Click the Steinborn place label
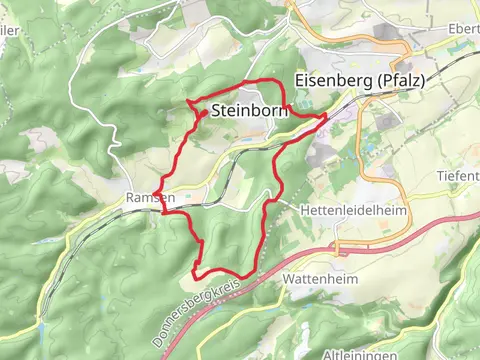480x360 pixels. tap(249, 111)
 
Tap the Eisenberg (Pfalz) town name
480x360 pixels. tap(356, 82)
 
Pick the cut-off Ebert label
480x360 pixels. tap(464, 28)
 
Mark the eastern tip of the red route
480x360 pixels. tap(326, 117)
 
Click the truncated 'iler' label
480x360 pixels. tap(10, 30)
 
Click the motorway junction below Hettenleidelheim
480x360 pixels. tap(340, 245)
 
